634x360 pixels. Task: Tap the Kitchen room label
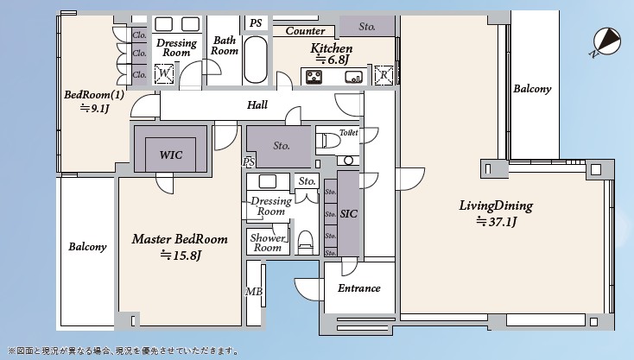332,49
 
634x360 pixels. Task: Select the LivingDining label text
495,206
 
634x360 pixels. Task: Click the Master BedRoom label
180,239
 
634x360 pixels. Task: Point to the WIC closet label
170,155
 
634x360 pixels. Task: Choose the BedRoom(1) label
94,95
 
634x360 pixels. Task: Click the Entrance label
358,288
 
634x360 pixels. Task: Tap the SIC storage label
349,213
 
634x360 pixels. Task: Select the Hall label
257,105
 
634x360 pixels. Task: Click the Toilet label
348,133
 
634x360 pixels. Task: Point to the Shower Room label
268,243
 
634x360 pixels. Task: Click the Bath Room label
225,46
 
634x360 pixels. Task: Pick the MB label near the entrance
254,292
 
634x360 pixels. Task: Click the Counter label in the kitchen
305,31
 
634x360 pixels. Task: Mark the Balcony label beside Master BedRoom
87,247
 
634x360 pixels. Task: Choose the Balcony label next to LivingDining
532,90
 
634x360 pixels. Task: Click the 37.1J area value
496,222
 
